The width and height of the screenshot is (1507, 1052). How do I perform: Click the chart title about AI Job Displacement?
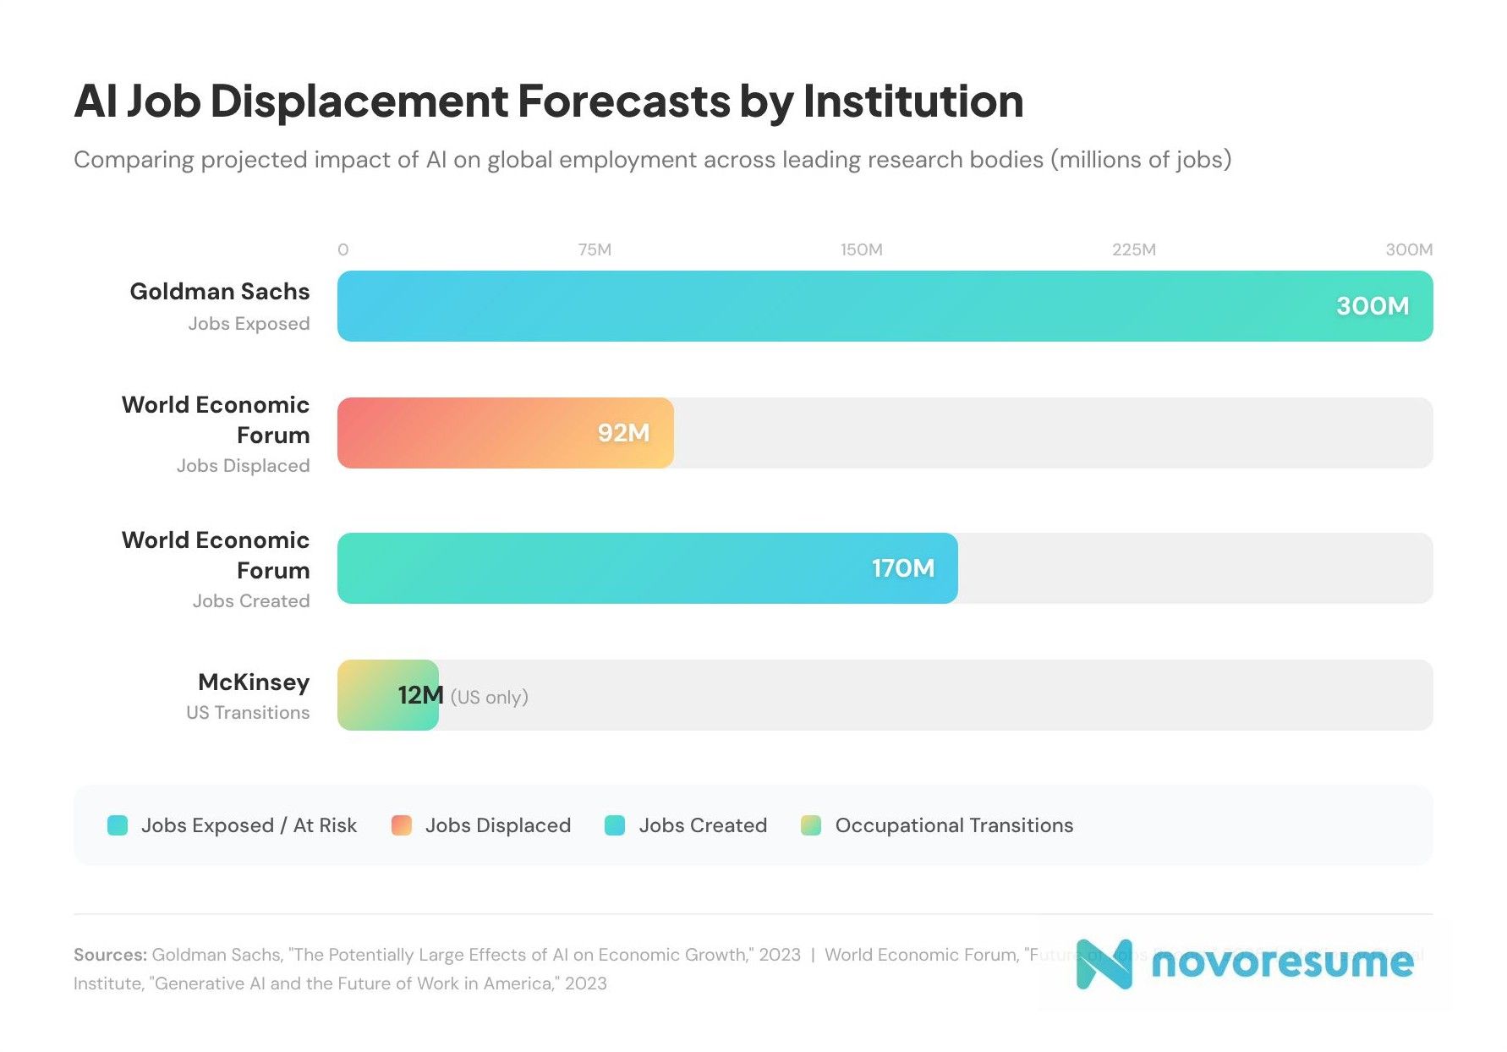pos(548,101)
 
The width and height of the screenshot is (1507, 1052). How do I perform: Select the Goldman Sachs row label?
pos(219,292)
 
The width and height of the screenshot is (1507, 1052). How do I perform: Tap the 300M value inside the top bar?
pos(1372,306)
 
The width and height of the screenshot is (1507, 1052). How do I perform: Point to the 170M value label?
pos(902,568)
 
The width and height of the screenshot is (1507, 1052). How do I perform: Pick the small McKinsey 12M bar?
pos(372,695)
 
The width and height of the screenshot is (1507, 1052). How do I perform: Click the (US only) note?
pos(489,698)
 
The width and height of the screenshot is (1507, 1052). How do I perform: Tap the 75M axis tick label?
pos(595,250)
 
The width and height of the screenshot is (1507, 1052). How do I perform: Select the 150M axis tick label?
pos(861,250)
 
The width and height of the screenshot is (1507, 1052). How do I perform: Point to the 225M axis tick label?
pos(1133,250)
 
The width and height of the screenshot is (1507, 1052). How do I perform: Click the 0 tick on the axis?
pos(342,250)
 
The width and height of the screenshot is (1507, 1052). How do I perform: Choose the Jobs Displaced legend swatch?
pos(402,825)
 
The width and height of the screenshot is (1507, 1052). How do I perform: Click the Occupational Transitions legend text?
pos(953,825)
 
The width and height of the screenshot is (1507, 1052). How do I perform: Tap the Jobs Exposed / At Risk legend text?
pos(249,825)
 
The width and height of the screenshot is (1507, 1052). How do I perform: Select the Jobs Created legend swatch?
pos(615,825)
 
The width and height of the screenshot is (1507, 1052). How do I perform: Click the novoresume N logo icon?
pos(1104,963)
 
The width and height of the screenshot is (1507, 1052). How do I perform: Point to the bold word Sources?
pos(110,955)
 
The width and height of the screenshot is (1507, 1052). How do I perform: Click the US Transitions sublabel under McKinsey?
pos(248,713)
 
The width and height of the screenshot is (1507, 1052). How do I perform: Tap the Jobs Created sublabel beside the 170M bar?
pos(250,601)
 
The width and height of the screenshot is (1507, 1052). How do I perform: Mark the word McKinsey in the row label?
pos(254,682)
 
